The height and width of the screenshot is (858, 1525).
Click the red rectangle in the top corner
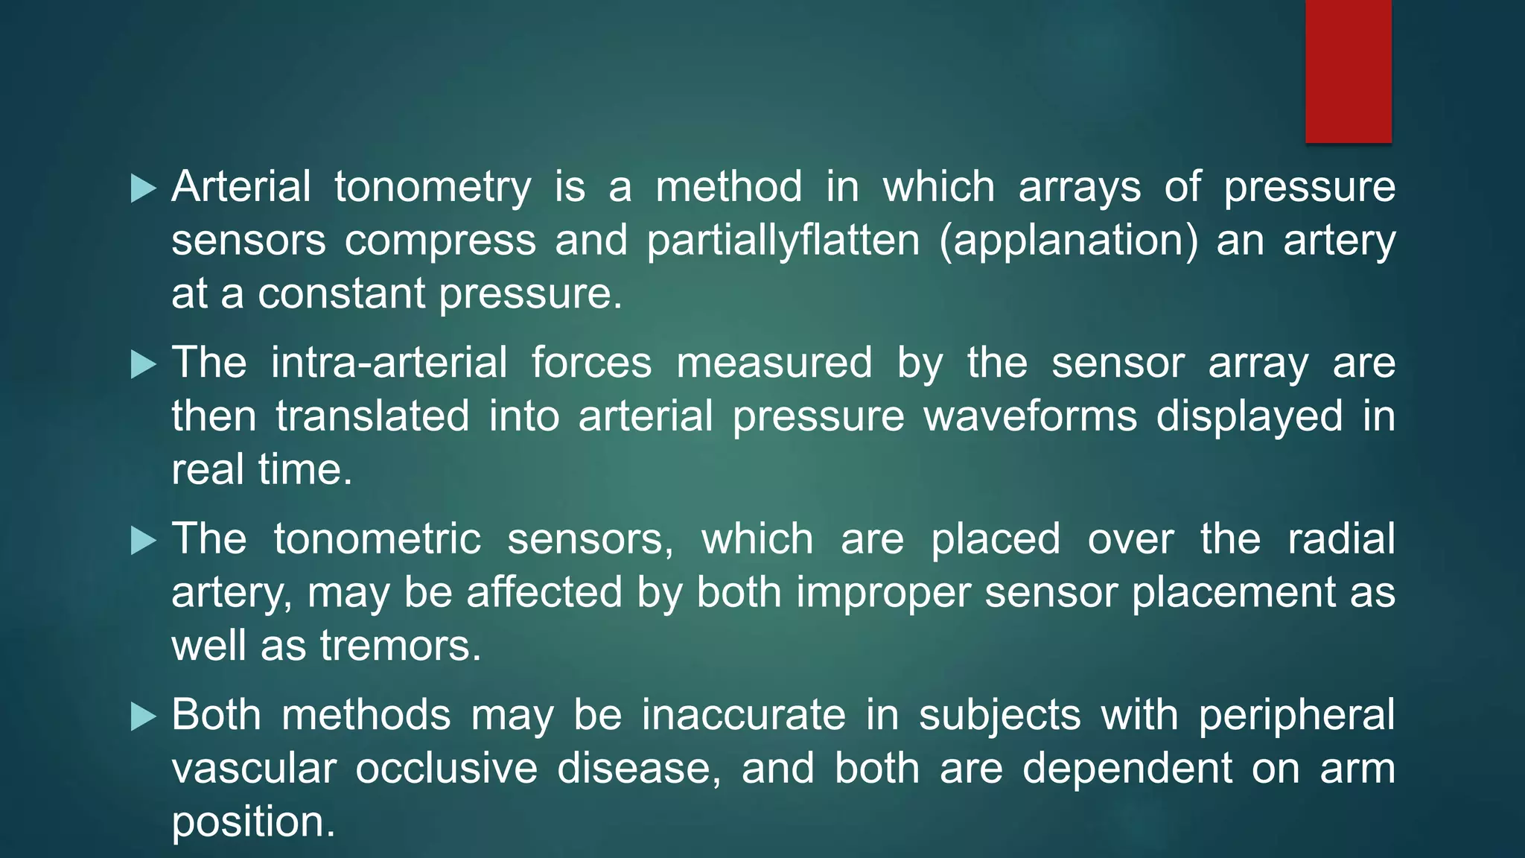pyautogui.click(x=1348, y=71)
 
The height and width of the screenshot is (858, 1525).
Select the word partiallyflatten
pyautogui.click(x=783, y=241)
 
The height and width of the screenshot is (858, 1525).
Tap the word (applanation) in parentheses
pyautogui.click(x=1069, y=241)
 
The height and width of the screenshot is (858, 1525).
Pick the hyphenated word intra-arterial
pyautogui.click(x=389, y=363)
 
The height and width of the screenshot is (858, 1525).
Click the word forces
pyautogui.click(x=591, y=363)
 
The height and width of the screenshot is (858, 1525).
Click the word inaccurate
pyautogui.click(x=744, y=715)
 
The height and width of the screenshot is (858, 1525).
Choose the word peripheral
pyautogui.click(x=1296, y=715)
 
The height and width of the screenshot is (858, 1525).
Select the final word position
pyautogui.click(x=253, y=822)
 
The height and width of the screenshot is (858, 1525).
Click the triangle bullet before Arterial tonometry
pyautogui.click(x=143, y=188)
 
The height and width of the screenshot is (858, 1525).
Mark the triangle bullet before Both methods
pyautogui.click(x=143, y=717)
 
